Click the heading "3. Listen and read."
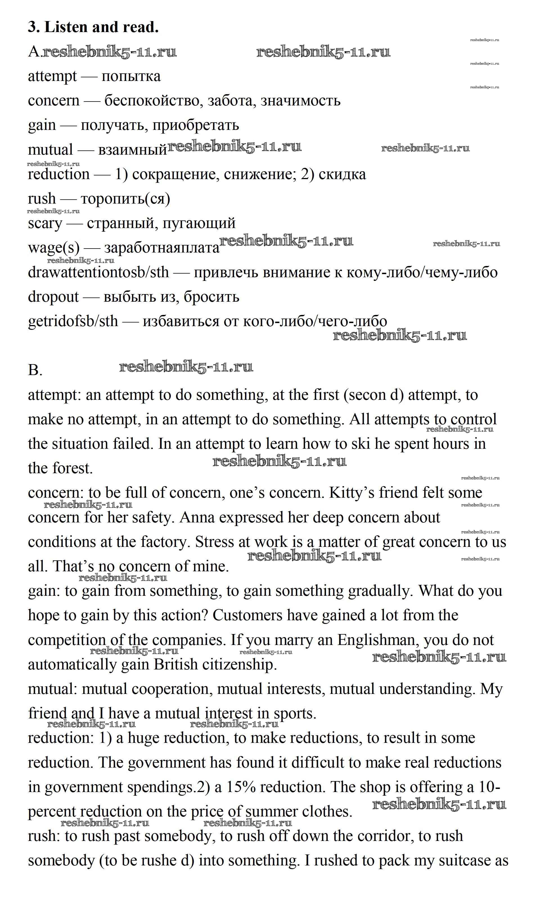pos(93,27)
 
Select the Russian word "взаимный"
pos(133,150)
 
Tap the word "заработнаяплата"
pos(162,248)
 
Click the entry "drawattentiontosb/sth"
pos(98,272)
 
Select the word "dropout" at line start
pos(53,297)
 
